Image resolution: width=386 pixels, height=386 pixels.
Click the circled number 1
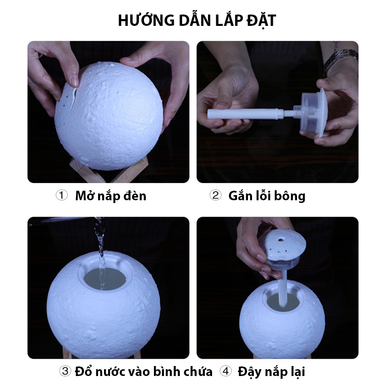click(x=62, y=195)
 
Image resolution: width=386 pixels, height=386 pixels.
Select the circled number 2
click(x=215, y=195)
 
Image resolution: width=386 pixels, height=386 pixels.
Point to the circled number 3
click(x=65, y=371)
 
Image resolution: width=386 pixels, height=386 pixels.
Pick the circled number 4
click(x=226, y=371)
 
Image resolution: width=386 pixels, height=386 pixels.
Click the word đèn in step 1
click(x=135, y=196)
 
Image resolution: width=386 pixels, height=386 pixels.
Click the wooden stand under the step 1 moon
click(x=109, y=171)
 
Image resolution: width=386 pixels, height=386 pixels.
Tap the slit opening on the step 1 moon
click(x=74, y=99)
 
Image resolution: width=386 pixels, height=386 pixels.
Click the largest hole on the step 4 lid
click(x=280, y=239)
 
